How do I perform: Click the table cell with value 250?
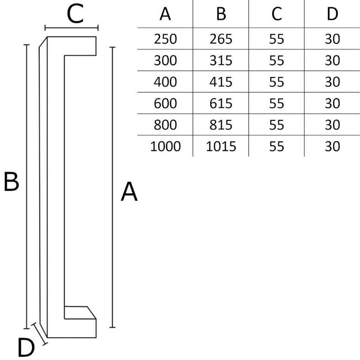point(165,39)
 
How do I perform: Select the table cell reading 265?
point(221,39)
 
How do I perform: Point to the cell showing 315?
point(221,60)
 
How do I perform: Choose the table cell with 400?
point(165,82)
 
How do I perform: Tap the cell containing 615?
point(221,103)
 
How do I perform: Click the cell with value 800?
point(165,125)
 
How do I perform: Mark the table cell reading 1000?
point(165,146)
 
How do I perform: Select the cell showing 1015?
point(221,146)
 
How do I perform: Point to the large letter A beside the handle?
point(129,192)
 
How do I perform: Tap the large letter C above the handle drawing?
point(75,14)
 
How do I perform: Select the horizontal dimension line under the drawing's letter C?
point(72,27)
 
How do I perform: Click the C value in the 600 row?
point(277,103)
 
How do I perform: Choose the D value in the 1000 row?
point(332,146)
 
